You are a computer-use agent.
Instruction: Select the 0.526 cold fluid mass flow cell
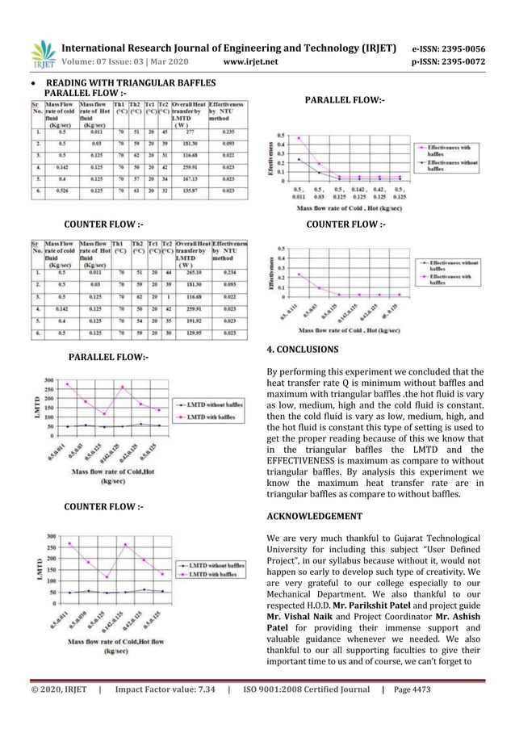(56, 192)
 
